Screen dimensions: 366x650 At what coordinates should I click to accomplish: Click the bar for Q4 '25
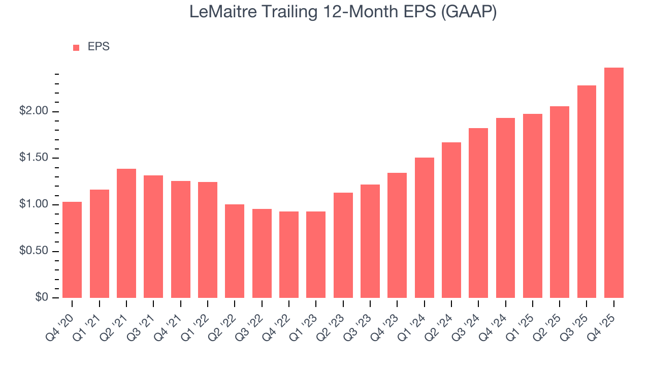point(613,183)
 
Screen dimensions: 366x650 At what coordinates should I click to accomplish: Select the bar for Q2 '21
point(126,233)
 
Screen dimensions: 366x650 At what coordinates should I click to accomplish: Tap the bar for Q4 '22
point(289,255)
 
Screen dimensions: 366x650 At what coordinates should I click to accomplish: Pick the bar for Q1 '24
point(424,228)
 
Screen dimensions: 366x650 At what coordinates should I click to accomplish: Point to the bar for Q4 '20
point(72,250)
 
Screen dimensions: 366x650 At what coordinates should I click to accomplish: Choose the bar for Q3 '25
point(587,192)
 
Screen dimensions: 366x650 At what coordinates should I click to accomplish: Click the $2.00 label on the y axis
point(34,111)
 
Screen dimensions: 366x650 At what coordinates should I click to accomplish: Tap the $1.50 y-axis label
point(34,158)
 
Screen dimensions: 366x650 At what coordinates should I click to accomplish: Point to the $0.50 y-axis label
point(34,251)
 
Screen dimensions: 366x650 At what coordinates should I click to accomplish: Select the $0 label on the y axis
point(42,298)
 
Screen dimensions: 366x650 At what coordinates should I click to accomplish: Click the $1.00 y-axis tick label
point(34,204)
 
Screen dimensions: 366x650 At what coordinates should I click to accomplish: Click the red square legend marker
point(76,47)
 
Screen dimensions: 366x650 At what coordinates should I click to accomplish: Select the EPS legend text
point(99,47)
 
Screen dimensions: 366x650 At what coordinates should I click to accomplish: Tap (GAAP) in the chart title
point(469,12)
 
